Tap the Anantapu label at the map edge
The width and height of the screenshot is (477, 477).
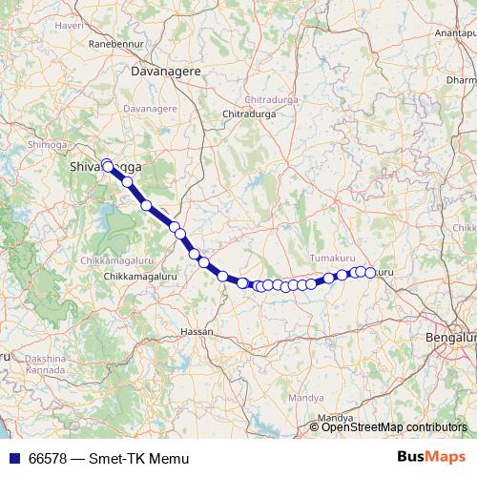click(455, 32)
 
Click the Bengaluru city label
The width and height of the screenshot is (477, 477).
click(452, 338)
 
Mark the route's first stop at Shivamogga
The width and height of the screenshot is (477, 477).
click(107, 164)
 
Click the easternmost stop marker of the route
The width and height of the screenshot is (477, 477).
click(370, 273)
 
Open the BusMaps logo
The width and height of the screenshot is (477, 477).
click(429, 458)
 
